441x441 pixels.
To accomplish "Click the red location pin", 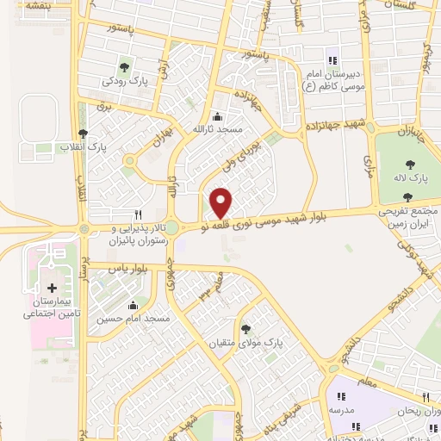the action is tap(221, 202).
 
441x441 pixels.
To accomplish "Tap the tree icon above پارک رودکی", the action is tap(125, 66).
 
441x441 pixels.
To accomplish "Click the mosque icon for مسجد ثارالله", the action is tap(215, 116).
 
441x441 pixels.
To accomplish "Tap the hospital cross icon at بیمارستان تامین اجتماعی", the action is tap(52, 288).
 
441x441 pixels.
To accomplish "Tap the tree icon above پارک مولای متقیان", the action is tap(245, 328).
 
